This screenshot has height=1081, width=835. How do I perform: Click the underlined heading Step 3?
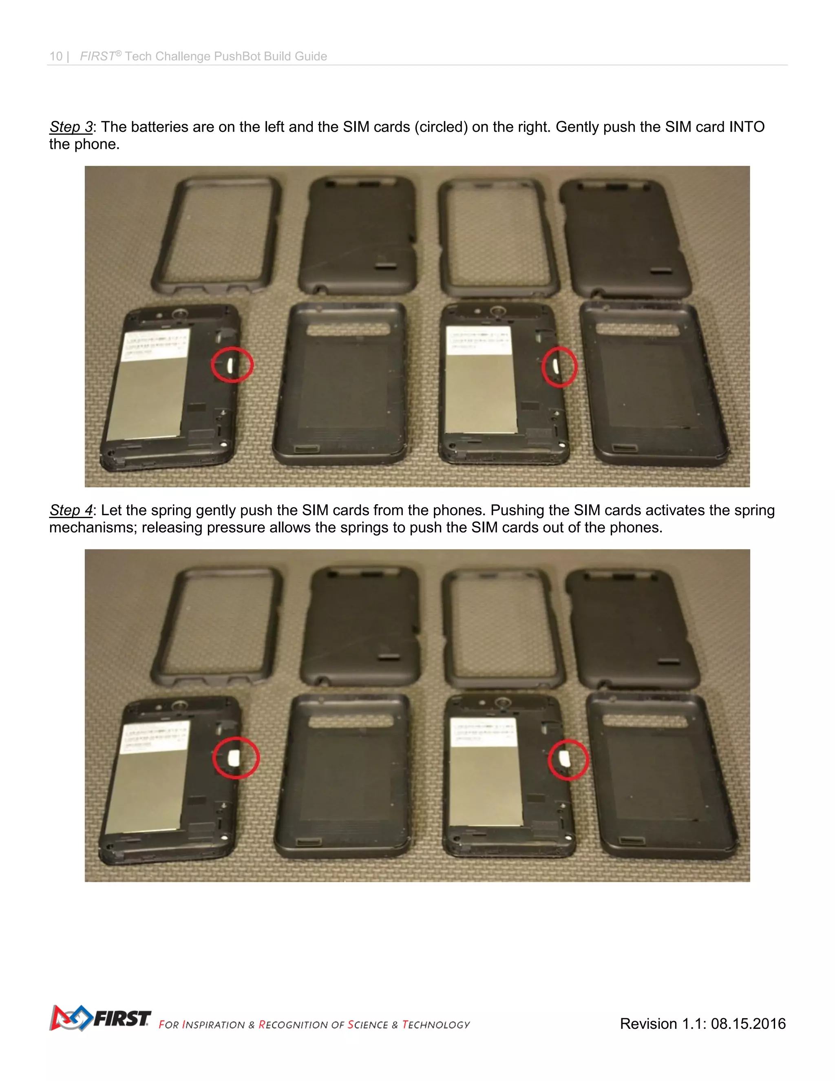click(71, 127)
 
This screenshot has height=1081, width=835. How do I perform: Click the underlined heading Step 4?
click(71, 510)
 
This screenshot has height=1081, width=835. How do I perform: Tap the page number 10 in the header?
click(56, 56)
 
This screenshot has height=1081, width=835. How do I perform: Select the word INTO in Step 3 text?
click(747, 127)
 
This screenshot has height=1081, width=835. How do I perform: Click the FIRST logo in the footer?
click(100, 1018)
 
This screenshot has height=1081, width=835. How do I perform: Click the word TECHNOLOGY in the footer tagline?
click(436, 1025)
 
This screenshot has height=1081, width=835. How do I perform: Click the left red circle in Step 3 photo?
click(232, 365)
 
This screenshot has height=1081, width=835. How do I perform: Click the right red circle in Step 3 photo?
click(559, 367)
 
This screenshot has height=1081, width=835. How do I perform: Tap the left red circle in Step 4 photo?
click(236, 758)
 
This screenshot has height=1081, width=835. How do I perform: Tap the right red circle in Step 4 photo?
click(568, 760)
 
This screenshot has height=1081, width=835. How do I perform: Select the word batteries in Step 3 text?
click(160, 127)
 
